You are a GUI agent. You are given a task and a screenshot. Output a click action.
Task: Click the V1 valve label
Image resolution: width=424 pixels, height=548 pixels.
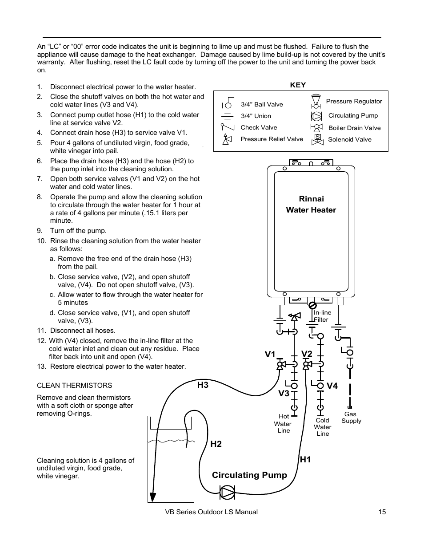tap(270, 354)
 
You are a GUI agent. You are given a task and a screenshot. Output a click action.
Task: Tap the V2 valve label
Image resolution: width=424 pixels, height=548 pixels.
tap(307, 354)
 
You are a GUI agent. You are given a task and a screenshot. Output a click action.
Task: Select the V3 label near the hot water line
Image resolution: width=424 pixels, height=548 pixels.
tap(284, 394)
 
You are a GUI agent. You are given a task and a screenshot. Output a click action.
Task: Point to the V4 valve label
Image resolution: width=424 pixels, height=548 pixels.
tap(332, 386)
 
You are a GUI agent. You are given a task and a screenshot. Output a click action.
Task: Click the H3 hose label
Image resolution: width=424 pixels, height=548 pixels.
tap(203, 385)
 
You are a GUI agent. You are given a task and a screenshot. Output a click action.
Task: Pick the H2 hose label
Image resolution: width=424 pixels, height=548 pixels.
tap(216, 444)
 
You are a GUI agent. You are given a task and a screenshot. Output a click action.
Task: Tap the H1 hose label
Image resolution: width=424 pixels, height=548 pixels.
tap(305, 460)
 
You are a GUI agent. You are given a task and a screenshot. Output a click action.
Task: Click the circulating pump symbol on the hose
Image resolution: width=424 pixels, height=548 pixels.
tap(228, 492)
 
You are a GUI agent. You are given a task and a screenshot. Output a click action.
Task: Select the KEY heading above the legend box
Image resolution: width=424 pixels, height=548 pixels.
tap(298, 85)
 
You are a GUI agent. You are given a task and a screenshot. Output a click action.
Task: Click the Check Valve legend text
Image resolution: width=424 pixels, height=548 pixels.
tap(259, 128)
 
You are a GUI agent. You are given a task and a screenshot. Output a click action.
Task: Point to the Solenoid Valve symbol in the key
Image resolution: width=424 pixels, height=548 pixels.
tap(317, 139)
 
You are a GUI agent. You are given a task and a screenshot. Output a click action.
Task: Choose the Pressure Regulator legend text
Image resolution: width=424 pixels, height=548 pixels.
tap(354, 102)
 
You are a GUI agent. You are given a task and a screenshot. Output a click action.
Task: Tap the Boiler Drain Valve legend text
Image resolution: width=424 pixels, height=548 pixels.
tap(354, 128)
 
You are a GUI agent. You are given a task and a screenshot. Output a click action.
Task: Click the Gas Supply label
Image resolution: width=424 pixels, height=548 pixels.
tap(351, 418)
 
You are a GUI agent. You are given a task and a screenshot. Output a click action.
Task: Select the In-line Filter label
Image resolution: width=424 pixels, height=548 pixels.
tap(322, 316)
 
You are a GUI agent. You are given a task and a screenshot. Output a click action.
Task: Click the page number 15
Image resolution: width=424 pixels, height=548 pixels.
tap(382, 512)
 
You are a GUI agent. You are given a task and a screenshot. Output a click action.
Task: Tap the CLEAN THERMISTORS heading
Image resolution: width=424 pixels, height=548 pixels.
tap(75, 386)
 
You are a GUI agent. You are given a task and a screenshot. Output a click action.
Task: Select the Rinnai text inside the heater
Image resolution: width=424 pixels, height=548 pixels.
tap(311, 199)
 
